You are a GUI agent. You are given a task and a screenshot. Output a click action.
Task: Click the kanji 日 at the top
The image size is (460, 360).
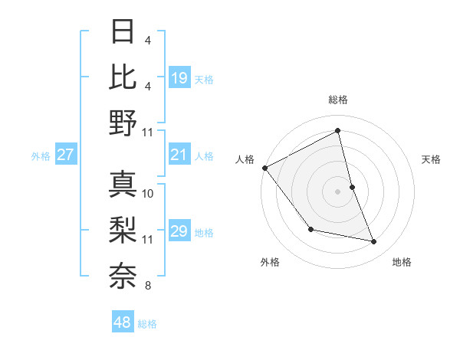pyautogui.click(x=123, y=33)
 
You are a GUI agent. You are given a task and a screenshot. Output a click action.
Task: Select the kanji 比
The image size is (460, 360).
pyautogui.click(x=123, y=77)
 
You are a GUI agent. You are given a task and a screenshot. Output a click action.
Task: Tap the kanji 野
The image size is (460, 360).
pyautogui.click(x=123, y=123)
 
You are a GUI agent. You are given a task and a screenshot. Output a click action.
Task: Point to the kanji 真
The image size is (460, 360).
pyautogui.click(x=123, y=185)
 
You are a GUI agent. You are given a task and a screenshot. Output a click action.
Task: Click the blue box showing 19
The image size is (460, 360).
pyautogui.click(x=179, y=77)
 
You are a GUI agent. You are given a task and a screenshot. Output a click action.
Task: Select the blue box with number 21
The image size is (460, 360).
pyautogui.click(x=179, y=155)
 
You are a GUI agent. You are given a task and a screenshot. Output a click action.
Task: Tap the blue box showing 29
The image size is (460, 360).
pyautogui.click(x=179, y=231)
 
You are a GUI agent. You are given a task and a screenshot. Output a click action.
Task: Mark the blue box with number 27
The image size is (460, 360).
pyautogui.click(x=66, y=155)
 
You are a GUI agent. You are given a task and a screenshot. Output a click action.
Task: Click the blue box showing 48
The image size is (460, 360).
pyautogui.click(x=123, y=322)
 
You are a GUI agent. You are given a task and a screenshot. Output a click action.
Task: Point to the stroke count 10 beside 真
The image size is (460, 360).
pyautogui.click(x=149, y=193)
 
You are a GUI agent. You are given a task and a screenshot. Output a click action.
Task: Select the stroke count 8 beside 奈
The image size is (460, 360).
pyautogui.click(x=147, y=286)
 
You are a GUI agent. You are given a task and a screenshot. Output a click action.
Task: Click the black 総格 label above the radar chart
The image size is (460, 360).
pyautogui.click(x=338, y=100)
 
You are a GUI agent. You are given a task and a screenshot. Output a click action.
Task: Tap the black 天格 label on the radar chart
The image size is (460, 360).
pyautogui.click(x=432, y=159)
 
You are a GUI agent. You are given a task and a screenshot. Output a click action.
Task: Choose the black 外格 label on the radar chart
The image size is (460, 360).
pyautogui.click(x=270, y=262)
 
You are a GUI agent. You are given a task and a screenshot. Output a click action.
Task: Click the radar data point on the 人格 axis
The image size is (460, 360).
pyautogui.click(x=264, y=167)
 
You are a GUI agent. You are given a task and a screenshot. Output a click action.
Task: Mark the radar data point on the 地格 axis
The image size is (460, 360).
pyautogui.click(x=374, y=241)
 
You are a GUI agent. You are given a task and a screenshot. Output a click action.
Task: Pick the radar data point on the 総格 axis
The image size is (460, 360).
pyautogui.click(x=338, y=131)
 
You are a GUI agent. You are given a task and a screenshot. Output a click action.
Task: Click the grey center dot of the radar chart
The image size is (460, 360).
pyautogui.click(x=338, y=191)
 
